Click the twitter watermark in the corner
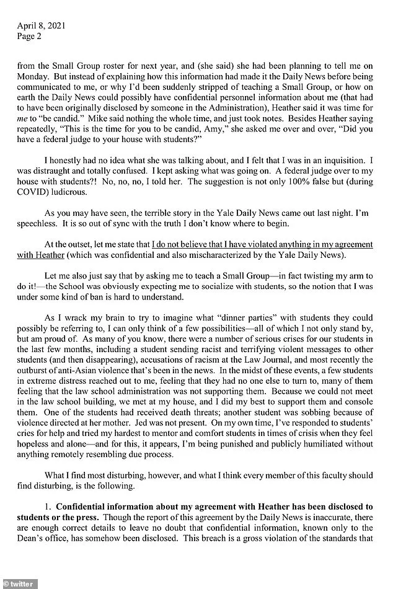point(19,583)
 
